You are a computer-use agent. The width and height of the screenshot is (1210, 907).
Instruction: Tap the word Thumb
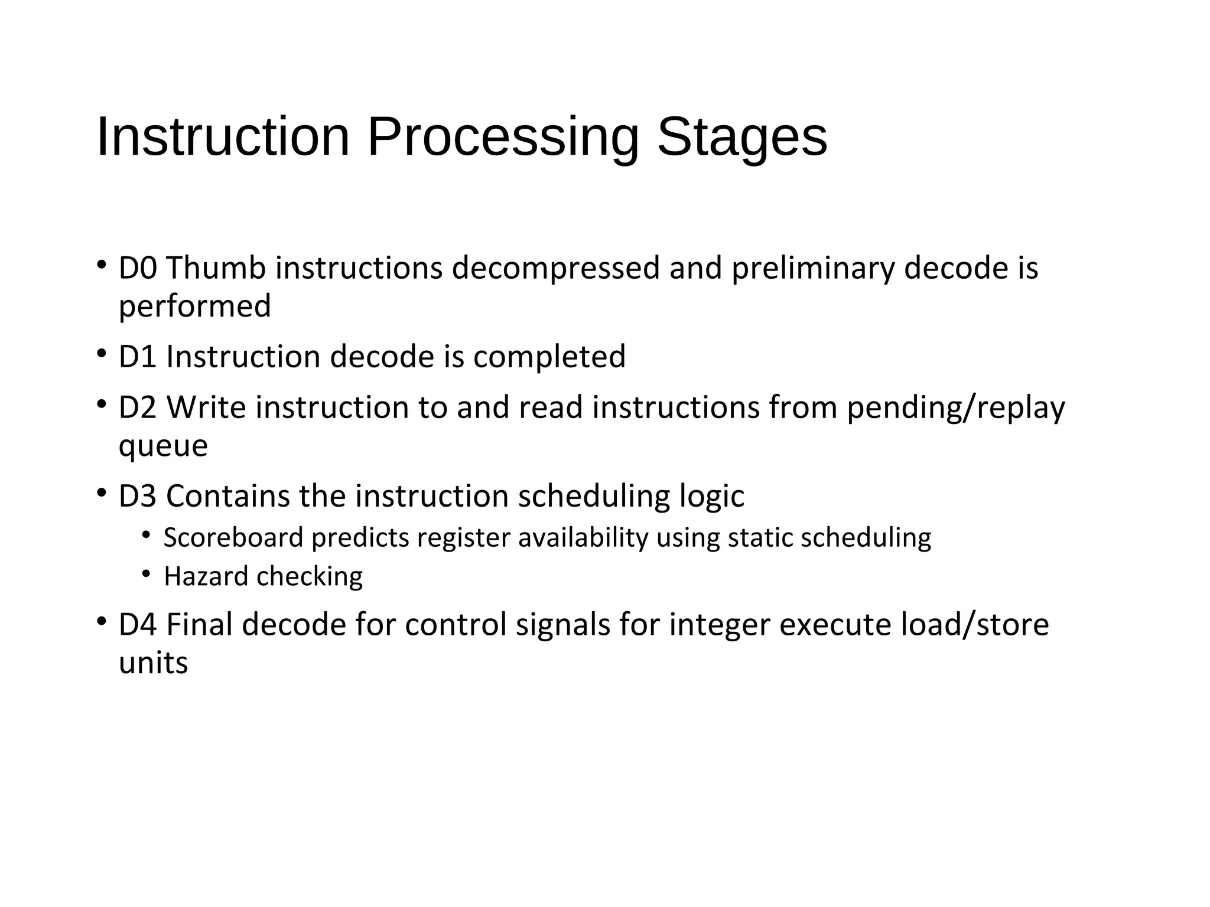click(216, 268)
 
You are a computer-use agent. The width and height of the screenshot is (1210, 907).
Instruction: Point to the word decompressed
click(555, 268)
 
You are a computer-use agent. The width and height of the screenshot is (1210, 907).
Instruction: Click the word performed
click(194, 306)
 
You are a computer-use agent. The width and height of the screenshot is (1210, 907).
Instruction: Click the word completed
click(549, 357)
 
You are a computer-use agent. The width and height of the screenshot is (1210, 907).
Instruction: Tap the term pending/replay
click(955, 409)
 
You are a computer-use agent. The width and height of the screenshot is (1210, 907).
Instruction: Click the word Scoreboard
click(233, 538)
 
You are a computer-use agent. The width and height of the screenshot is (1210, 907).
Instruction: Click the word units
click(153, 663)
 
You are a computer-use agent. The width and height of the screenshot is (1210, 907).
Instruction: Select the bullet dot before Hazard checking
click(146, 574)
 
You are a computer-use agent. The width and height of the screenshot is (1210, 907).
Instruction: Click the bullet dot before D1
click(102, 354)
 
